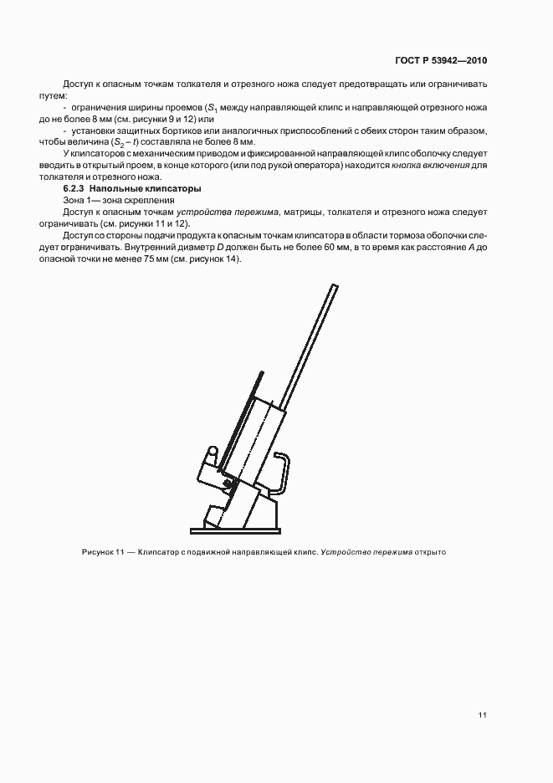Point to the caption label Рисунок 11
(x=103, y=553)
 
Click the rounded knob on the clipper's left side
(x=212, y=453)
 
